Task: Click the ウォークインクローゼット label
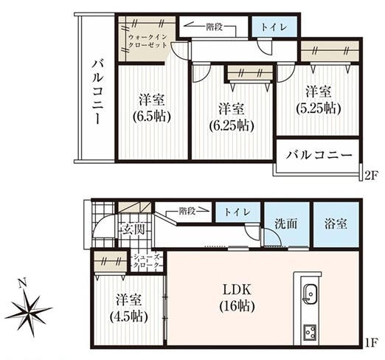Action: [148, 41]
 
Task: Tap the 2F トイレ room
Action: [274, 27]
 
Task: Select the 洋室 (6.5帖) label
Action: [152, 108]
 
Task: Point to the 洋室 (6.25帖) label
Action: [232, 117]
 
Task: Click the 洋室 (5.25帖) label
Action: [319, 100]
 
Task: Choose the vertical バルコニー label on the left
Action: [98, 91]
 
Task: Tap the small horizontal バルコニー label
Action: [319, 155]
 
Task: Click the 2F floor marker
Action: [370, 176]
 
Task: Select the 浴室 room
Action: [336, 224]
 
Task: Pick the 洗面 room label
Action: [285, 224]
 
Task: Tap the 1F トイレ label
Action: [237, 212]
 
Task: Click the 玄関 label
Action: [133, 230]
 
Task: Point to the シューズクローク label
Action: [147, 261]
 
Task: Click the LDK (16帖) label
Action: [237, 298]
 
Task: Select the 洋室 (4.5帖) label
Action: [129, 308]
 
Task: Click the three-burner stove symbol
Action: [311, 332]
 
